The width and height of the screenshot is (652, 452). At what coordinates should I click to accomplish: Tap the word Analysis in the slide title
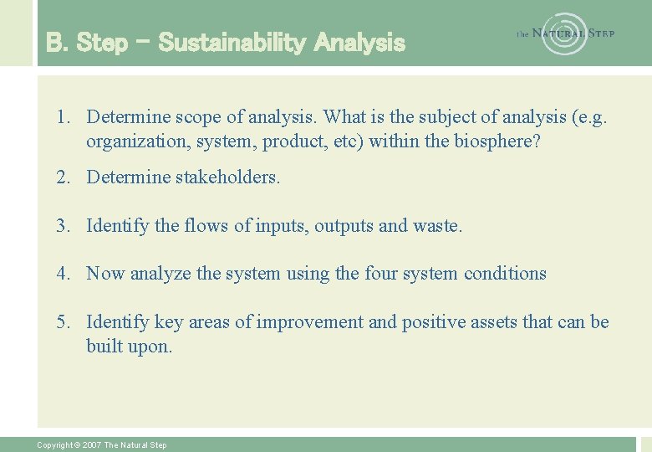[x=359, y=43]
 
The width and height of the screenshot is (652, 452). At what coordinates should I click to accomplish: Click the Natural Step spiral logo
[x=564, y=33]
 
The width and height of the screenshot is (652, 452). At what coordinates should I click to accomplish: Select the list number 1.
[x=63, y=116]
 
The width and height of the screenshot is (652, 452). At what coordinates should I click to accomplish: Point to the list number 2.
[x=63, y=177]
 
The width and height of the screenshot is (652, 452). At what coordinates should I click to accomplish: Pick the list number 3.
[x=63, y=226]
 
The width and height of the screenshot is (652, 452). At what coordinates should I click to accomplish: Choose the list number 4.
[x=63, y=274]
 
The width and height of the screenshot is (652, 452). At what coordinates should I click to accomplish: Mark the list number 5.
[x=63, y=322]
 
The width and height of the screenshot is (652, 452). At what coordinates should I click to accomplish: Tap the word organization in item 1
[x=137, y=141]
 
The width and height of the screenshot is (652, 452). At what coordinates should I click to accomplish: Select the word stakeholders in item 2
[x=229, y=177]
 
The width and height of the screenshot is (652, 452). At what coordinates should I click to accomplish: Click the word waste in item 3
[x=436, y=226]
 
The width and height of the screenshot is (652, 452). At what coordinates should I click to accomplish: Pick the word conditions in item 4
[x=505, y=274]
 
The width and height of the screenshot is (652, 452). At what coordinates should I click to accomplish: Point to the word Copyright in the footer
[x=56, y=445]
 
